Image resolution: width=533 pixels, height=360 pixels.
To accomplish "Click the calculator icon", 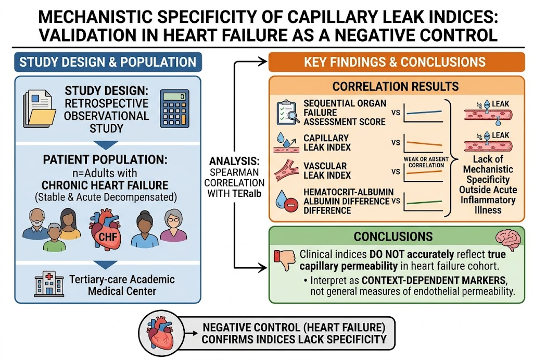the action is [x=174, y=108].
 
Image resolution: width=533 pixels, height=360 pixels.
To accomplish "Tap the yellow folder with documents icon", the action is [x=39, y=108].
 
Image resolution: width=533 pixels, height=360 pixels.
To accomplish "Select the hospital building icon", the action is [x=49, y=284].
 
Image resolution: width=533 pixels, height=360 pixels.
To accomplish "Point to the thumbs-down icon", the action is [x=285, y=259].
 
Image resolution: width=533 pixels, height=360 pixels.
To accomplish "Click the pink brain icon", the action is [x=508, y=239].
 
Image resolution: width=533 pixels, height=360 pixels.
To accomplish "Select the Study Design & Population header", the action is [x=108, y=62].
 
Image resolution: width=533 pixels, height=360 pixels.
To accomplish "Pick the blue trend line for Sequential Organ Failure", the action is [x=424, y=113].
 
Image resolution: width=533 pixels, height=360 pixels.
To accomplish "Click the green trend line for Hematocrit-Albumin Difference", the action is [x=424, y=202].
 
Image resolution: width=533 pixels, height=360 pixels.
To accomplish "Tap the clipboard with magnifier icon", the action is [x=287, y=113].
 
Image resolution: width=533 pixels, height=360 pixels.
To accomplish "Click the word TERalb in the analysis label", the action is [x=247, y=193].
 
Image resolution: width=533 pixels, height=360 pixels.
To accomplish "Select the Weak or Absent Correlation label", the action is [x=426, y=162].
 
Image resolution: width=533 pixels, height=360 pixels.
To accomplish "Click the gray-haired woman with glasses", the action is [x=173, y=225].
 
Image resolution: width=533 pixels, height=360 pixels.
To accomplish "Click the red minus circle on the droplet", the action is [x=291, y=205].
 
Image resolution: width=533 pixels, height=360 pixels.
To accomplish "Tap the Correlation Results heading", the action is [x=396, y=86].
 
